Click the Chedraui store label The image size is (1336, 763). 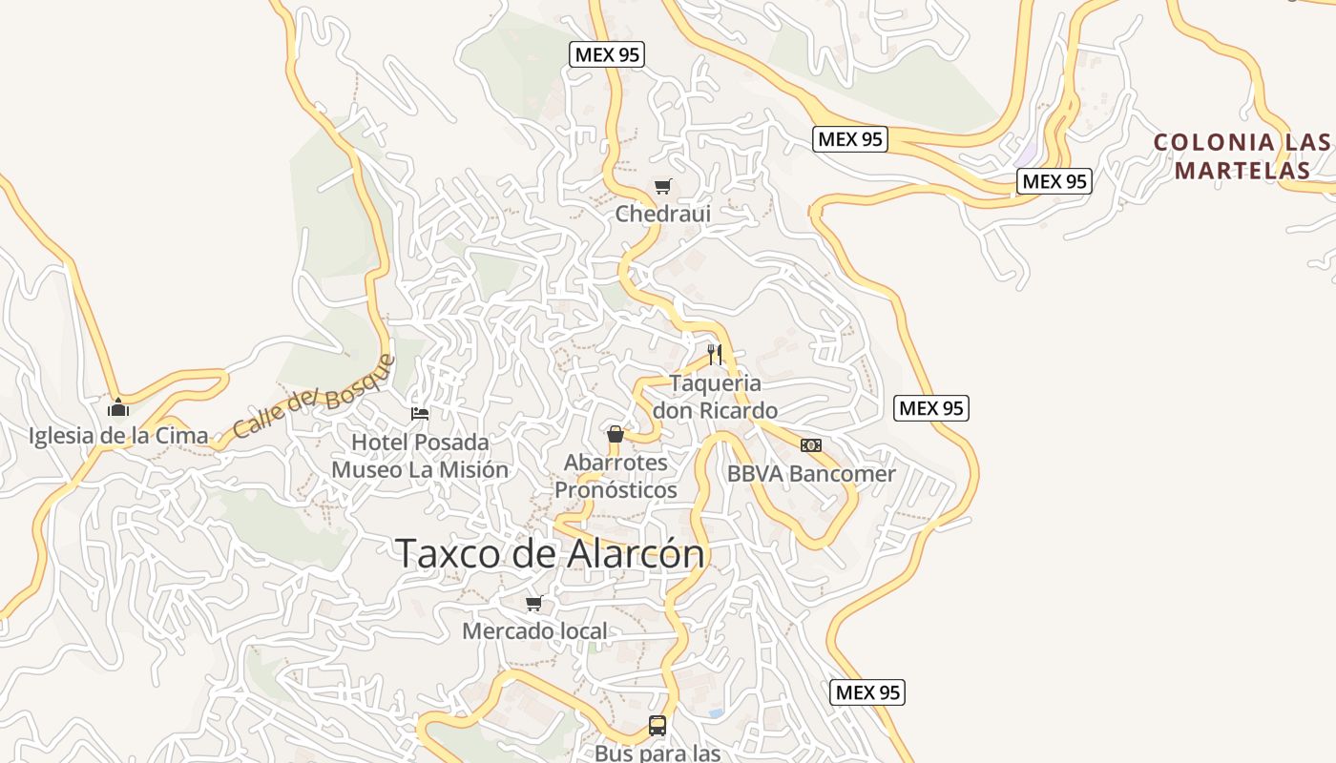[663, 214]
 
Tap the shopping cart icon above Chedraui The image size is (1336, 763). [662, 186]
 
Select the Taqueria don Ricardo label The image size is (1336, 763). [715, 397]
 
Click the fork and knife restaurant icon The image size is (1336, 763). [715, 355]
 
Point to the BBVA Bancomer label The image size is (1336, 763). [811, 473]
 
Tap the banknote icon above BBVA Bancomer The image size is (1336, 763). [811, 445]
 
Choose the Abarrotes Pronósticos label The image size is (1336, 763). [616, 476]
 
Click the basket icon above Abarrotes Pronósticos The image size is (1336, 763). [616, 434]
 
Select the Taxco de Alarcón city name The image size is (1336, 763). [550, 553]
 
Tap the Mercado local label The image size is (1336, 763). [534, 630]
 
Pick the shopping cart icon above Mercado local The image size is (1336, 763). [534, 603]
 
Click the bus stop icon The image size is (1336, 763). [658, 725]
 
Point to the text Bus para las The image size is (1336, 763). [658, 753]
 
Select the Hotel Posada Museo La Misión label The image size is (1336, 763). [420, 456]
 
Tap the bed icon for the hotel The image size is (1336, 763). [420, 413]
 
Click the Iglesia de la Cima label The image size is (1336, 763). [118, 436]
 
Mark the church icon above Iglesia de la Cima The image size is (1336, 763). [118, 408]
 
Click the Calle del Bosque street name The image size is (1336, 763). [314, 398]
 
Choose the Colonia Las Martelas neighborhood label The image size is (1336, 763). [1242, 156]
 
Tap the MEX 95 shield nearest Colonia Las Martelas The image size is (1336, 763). [1054, 181]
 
